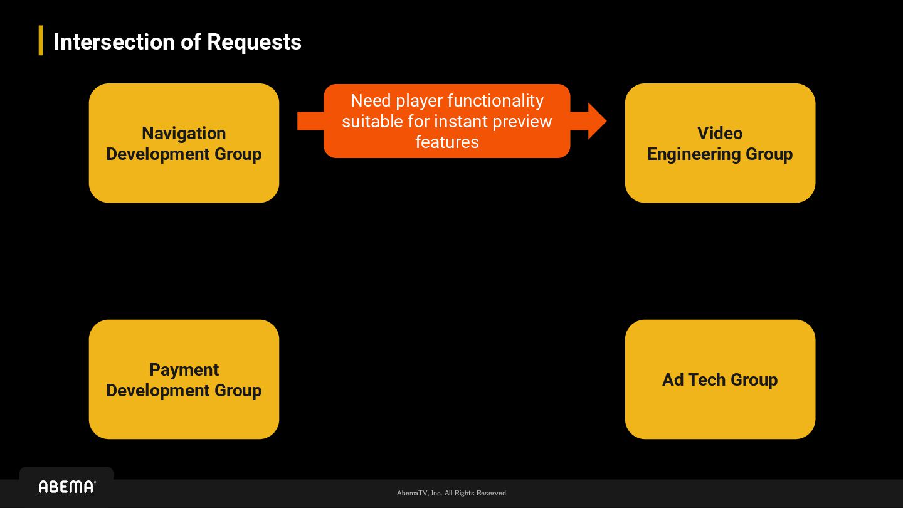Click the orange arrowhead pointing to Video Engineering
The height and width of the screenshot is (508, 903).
click(596, 121)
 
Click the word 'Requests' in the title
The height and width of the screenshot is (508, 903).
click(254, 42)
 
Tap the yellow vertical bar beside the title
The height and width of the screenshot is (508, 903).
click(41, 40)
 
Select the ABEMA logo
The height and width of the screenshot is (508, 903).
click(66, 487)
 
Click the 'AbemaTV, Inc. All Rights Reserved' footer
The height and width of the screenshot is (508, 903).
click(451, 493)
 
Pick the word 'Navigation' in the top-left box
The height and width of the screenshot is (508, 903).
click(184, 134)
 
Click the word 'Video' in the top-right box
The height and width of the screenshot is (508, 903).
click(720, 134)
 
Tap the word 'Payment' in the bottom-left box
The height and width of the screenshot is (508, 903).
click(184, 370)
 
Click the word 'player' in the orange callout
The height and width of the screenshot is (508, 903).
click(419, 101)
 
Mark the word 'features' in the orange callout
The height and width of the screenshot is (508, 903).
click(447, 142)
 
